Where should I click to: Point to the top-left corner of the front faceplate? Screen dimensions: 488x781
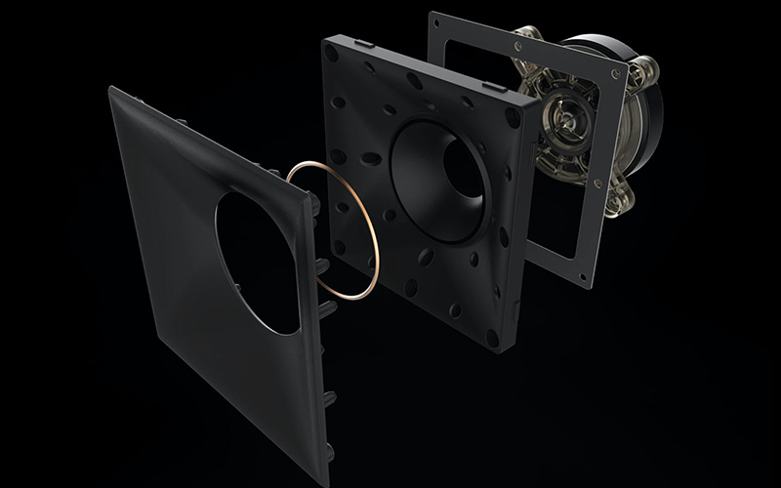tap(111, 89)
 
